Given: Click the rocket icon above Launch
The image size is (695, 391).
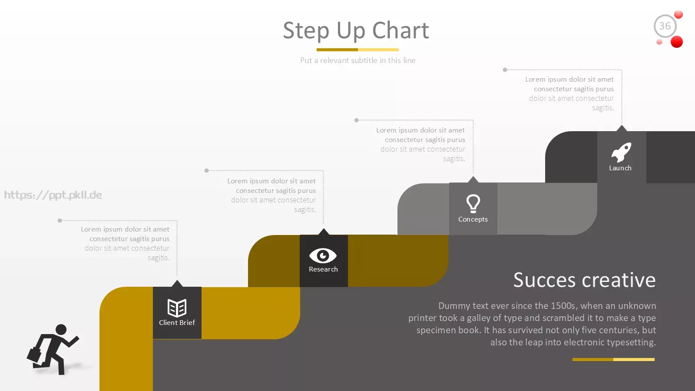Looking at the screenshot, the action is pos(621,152).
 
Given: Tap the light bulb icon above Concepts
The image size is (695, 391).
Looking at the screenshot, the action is pos(473,204).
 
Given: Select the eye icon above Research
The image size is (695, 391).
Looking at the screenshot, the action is pos(323,256).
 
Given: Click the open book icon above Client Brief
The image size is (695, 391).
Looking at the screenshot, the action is pos(177,308).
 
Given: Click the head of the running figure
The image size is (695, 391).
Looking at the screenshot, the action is pos(61,330).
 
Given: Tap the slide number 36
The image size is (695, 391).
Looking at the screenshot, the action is pos(665,26).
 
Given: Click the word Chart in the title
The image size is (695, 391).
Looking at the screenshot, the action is pos(400,30).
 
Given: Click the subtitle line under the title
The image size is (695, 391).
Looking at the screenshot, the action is pos(358,60).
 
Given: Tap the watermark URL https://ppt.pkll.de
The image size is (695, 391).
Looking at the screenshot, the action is pos(53,195).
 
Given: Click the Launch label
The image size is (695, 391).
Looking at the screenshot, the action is pos(620,168).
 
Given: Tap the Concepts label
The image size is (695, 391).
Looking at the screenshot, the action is pos(473,219).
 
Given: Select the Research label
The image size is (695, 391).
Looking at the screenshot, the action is pos(323,269).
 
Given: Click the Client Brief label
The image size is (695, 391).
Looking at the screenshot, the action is pos(177,323).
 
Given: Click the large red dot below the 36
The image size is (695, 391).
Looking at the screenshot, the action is pos(677,42).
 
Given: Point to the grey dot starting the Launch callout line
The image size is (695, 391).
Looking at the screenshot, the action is pos(505,70).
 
